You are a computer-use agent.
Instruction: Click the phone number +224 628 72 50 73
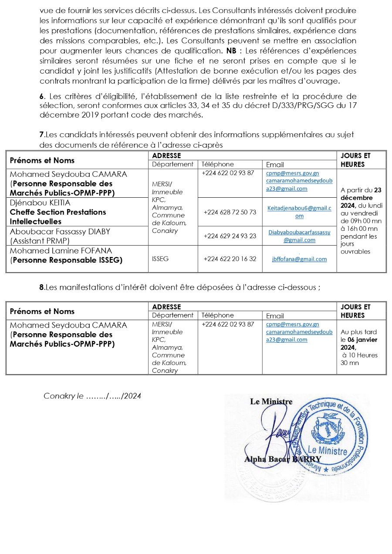pos(230,212)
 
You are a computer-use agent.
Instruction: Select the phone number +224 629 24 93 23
pos(230,236)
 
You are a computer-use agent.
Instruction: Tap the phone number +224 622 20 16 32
pos(230,259)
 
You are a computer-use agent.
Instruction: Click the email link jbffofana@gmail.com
pos(299,259)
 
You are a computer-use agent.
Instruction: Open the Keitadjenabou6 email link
pos(299,212)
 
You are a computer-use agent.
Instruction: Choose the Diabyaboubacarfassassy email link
pos(299,236)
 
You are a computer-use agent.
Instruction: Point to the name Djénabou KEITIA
pos(40,203)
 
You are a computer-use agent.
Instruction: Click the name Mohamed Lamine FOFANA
pos(61,251)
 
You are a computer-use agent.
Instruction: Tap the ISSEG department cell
pos(160,259)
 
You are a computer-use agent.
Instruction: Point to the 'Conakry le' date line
pos(92,396)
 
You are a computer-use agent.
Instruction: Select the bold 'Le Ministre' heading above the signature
pos(271,402)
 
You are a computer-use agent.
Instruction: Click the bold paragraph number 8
pos(42,287)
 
